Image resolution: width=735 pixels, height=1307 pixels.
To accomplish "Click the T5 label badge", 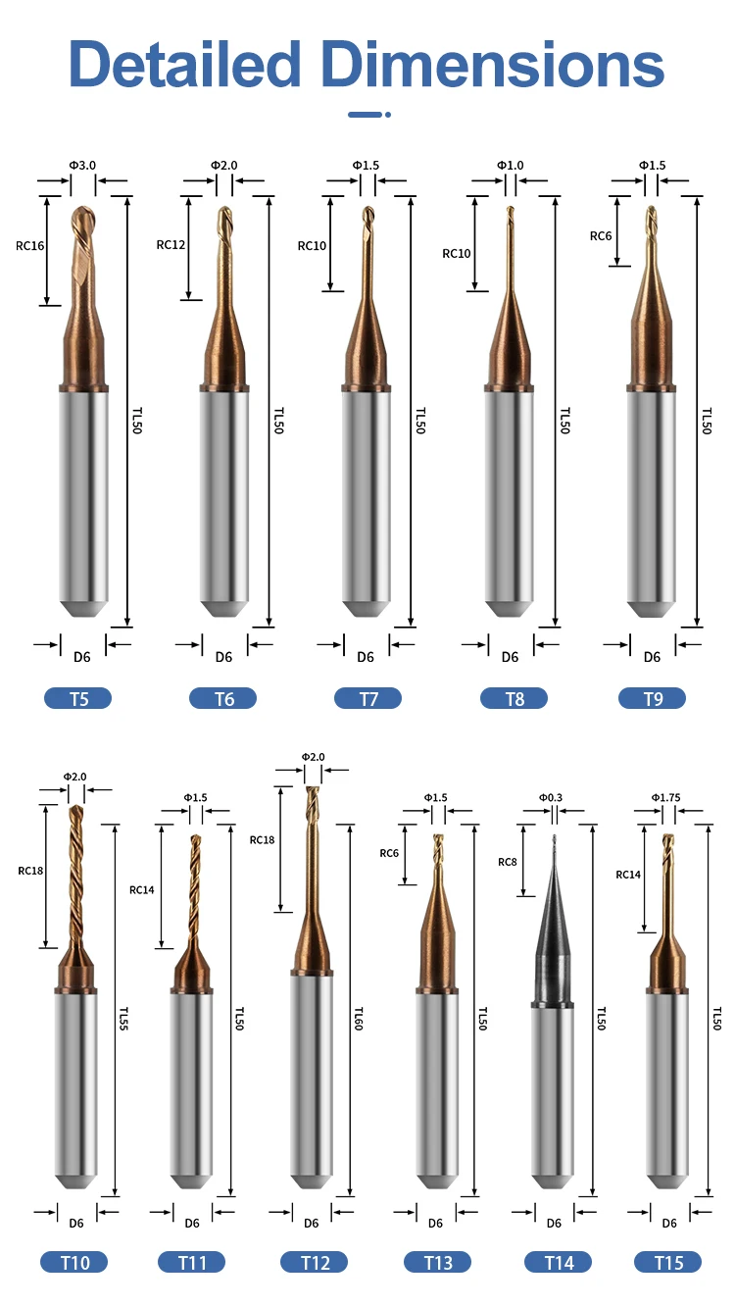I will (x=78, y=699).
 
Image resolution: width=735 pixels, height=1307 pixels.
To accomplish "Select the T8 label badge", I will (x=514, y=699).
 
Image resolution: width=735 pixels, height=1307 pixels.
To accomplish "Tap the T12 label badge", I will (x=315, y=1263).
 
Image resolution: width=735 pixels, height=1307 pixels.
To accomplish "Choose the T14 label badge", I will (x=559, y=1263).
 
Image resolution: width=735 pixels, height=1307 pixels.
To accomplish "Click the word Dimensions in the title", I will (x=493, y=65).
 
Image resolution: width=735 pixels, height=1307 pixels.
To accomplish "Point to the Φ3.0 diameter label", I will (x=82, y=165).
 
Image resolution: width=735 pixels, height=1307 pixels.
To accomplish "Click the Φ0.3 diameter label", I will (x=551, y=798).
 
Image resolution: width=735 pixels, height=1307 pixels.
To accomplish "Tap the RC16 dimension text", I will (x=30, y=246).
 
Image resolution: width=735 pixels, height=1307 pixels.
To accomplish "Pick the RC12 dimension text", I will (x=171, y=244).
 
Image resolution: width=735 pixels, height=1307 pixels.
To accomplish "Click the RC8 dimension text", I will (x=507, y=862).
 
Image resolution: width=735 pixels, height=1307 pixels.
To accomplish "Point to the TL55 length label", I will (x=123, y=1019).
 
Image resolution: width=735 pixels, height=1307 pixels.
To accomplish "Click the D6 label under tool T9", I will (x=653, y=657).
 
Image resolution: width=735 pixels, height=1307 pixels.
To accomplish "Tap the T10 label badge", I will (x=74, y=1263).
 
